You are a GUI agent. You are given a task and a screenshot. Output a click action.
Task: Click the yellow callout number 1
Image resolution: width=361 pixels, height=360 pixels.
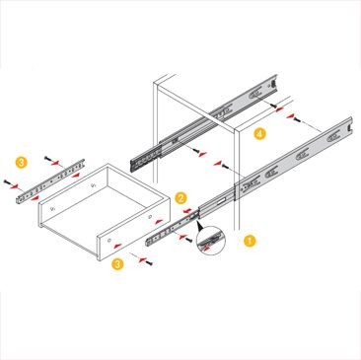click(250, 241)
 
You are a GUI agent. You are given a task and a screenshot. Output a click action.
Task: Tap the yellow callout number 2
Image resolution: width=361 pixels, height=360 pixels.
click(180, 198)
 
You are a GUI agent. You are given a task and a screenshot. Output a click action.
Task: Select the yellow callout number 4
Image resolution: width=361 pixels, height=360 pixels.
click(259, 134)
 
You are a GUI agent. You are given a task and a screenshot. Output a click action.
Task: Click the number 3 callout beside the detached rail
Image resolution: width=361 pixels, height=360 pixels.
click(22, 163)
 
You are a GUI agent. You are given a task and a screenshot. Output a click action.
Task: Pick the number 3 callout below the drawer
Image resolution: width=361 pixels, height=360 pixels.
click(117, 264)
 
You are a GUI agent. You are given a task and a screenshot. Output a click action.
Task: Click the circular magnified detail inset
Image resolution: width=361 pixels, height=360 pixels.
click(210, 241)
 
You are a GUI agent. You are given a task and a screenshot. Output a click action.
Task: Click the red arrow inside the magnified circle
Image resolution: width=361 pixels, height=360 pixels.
click(206, 250)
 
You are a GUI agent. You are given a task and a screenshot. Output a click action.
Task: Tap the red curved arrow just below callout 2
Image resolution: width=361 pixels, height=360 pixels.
click(188, 211)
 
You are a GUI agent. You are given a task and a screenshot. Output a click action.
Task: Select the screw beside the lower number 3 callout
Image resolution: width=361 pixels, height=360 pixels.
click(149, 263)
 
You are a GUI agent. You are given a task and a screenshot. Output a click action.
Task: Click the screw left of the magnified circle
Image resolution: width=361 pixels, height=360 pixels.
click(189, 241)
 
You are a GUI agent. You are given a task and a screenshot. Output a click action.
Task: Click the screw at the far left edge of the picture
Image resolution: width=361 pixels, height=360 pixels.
click(7, 181)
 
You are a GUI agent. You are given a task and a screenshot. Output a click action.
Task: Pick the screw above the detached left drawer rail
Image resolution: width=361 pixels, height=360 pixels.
click(47, 159)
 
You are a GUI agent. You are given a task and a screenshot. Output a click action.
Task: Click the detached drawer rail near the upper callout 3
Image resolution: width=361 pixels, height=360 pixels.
click(50, 181)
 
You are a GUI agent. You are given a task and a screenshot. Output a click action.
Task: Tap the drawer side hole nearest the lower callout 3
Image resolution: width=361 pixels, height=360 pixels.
click(109, 241)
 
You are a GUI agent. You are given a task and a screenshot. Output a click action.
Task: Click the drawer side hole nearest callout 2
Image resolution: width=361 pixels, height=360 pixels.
click(150, 217)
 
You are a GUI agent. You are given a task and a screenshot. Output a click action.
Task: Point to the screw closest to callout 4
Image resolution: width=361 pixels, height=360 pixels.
click(273, 106)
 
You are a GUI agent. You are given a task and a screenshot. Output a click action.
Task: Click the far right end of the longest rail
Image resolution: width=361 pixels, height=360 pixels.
click(350, 125)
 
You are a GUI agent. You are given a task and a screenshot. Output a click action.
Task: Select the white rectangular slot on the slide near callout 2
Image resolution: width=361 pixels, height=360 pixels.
click(222, 199)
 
